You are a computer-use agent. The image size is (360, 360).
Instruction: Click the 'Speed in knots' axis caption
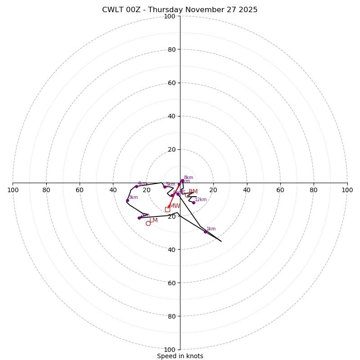click(180, 356)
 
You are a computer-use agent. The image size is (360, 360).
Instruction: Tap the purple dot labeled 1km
click(205, 232)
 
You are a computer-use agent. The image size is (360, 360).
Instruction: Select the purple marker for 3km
click(127, 200)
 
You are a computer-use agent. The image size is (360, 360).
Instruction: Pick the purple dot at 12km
click(193, 202)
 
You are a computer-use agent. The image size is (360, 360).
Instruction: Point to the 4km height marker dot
click(136, 186)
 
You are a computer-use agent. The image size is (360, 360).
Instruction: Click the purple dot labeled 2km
click(139, 218)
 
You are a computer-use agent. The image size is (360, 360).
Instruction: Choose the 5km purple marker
click(165, 187)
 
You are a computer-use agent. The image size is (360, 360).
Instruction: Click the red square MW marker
click(167, 209)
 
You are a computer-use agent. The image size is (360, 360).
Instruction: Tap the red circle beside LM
click(148, 223)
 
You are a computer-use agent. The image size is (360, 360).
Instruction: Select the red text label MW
click(175, 206)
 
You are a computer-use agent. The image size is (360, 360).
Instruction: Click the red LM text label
click(153, 220)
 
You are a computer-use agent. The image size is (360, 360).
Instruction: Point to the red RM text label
click(193, 192)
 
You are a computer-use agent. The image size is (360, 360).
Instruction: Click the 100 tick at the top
click(170, 16)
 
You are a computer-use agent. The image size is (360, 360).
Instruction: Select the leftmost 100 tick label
click(13, 190)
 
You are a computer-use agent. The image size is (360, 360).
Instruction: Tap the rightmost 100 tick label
click(347, 190)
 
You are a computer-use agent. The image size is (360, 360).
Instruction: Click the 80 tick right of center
click(314, 190)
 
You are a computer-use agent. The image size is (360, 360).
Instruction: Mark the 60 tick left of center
click(80, 190)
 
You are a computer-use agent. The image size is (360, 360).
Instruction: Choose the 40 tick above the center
click(171, 116)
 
